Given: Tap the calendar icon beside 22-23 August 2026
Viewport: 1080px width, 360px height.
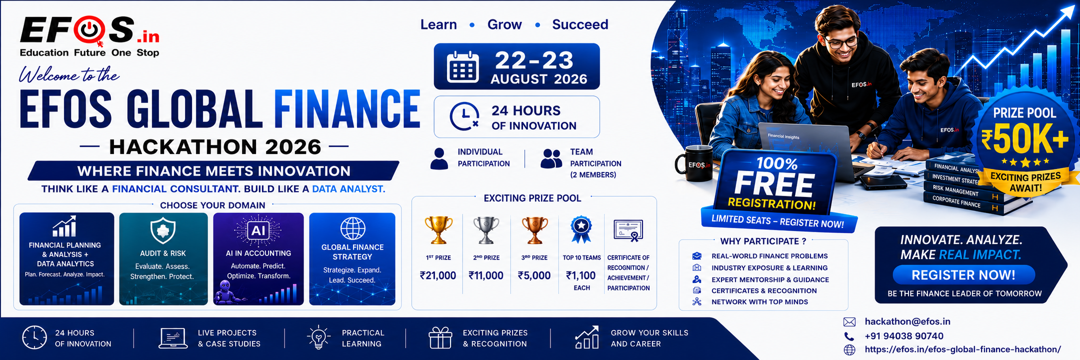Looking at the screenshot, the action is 462,67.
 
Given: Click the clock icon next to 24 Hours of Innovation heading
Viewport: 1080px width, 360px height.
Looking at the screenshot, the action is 464,116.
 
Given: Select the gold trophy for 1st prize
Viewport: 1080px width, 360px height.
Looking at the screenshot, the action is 439,230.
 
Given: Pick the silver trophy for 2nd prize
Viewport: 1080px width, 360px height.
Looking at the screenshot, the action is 486,230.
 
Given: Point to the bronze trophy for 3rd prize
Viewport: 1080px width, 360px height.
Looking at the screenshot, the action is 535,230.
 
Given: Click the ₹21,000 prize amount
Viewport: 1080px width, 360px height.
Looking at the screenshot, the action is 438,275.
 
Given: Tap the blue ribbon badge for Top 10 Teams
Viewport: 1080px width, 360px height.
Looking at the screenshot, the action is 581,229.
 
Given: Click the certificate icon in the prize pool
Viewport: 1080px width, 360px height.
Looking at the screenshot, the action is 629,231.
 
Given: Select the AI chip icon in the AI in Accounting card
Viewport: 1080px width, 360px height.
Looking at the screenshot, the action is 258,230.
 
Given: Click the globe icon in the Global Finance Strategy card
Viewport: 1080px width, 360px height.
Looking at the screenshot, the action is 353,229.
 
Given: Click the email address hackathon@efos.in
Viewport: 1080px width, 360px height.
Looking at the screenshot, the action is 907,322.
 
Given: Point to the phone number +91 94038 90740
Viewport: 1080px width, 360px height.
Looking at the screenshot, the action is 904,336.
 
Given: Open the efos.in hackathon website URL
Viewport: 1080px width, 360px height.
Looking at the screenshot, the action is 963,350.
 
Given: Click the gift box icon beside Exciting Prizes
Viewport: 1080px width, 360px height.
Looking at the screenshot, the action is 441,338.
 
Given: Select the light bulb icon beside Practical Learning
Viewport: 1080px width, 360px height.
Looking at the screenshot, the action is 319,338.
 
